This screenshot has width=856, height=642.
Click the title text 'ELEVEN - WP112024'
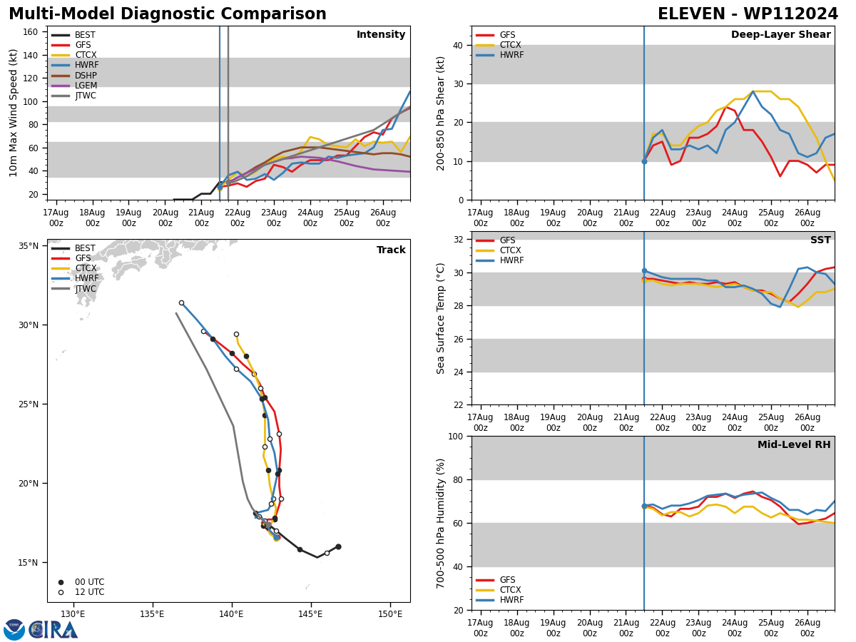[748, 14]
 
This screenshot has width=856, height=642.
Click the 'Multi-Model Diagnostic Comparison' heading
[168, 14]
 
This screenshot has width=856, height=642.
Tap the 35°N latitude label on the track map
[29, 246]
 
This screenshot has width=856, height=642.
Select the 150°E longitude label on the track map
[390, 613]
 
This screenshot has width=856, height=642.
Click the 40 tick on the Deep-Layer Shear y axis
[457, 45]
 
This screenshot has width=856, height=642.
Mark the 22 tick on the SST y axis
[457, 404]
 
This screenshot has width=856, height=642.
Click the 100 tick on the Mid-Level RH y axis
[454, 436]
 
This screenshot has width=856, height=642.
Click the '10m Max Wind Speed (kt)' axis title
[14, 113]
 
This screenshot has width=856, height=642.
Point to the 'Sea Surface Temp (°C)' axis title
[442, 318]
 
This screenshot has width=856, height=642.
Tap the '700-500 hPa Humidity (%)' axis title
[442, 523]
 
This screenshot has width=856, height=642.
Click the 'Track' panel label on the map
[391, 250]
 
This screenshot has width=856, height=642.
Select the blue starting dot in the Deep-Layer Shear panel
[644, 161]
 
